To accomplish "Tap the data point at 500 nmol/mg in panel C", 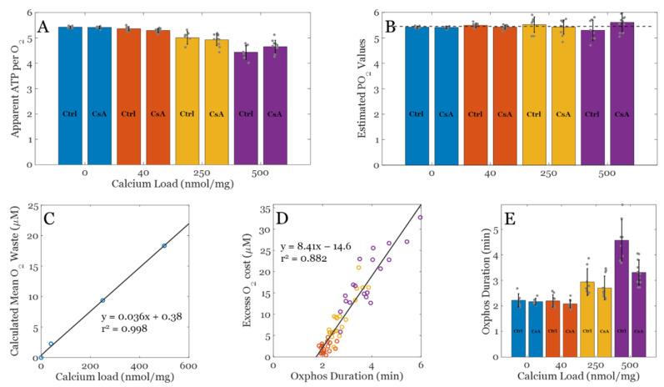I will [164, 245].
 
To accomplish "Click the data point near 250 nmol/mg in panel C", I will [102, 300].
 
